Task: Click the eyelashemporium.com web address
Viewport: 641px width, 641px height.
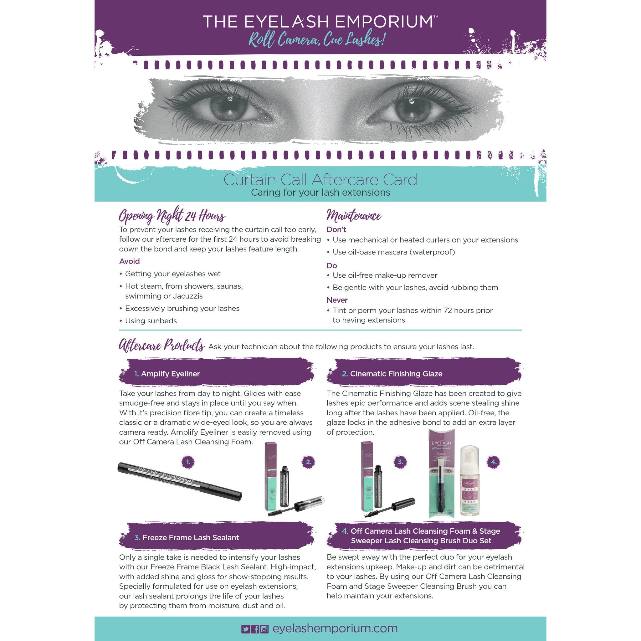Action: coord(335,628)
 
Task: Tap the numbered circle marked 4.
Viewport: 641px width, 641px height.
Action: coord(493,462)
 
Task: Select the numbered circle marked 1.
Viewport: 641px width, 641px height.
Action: coord(188,462)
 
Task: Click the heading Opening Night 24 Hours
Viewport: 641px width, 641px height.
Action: coord(172,216)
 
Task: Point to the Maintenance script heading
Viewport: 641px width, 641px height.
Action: coord(354,216)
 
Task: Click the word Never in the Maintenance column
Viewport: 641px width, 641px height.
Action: coord(337,300)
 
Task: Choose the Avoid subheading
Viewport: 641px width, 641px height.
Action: coord(129,261)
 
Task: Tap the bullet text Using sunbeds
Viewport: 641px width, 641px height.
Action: coord(151,321)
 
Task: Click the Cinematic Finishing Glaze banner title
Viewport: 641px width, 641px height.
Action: coord(396,374)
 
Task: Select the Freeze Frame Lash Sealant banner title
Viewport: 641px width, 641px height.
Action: coord(190,537)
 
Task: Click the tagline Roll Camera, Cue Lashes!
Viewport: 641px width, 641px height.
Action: coord(317,41)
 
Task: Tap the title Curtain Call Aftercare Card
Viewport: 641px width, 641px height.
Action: coord(320,179)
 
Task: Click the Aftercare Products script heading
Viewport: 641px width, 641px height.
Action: coord(162,346)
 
